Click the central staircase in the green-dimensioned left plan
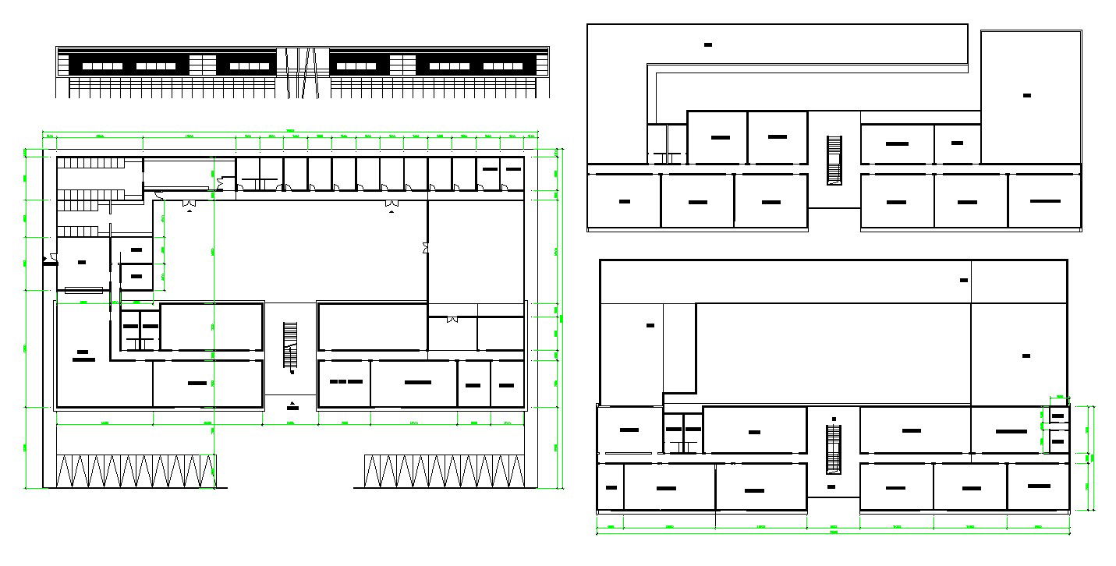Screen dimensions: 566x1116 click(x=291, y=347)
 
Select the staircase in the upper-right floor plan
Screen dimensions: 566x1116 click(x=834, y=161)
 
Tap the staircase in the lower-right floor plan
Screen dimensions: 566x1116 click(x=834, y=449)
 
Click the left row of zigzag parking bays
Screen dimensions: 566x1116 click(x=136, y=472)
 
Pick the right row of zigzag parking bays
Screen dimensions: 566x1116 click(x=444, y=472)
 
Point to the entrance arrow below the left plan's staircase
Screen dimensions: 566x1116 click(x=292, y=404)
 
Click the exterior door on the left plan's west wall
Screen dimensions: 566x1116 click(x=51, y=259)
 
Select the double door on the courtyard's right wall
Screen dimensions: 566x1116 click(x=425, y=249)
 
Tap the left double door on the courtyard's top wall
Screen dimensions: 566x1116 click(x=189, y=203)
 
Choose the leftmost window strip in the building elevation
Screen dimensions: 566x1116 click(x=102, y=66)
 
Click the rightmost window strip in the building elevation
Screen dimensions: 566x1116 click(x=503, y=66)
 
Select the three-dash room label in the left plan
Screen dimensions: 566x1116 click(x=345, y=382)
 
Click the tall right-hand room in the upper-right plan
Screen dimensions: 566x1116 click(x=1029, y=97)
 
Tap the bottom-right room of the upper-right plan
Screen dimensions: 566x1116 click(x=1044, y=201)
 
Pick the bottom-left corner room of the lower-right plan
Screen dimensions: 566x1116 click(x=611, y=487)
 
